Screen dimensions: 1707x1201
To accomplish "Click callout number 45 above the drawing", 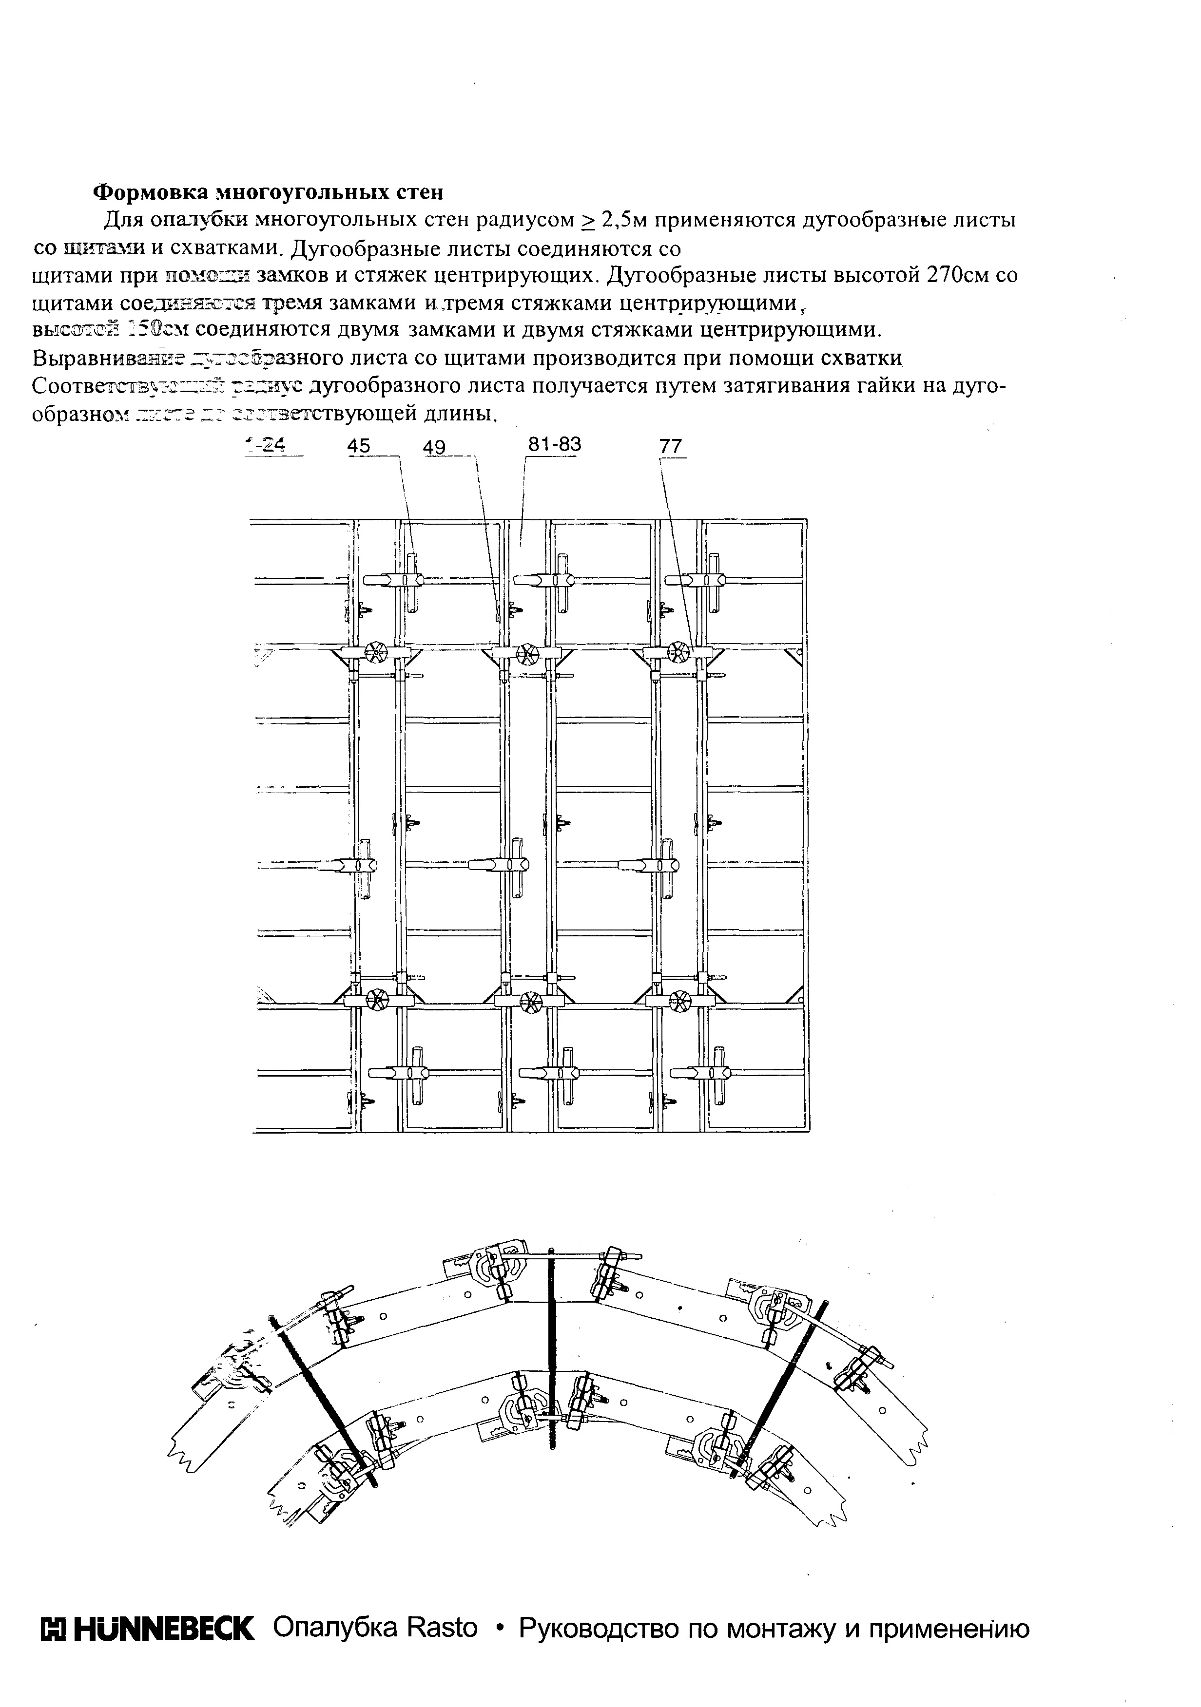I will tap(358, 446).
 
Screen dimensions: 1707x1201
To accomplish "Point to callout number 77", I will tap(670, 446).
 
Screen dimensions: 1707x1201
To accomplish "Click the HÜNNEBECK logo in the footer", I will tap(147, 1629).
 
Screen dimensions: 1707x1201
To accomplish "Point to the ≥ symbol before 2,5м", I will tap(587, 221).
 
